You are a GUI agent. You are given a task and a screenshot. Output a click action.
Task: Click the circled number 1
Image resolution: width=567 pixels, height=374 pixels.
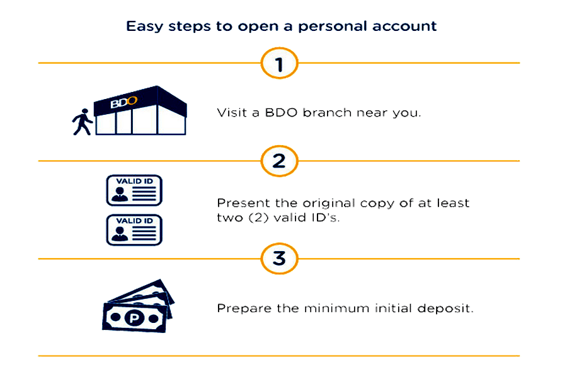tap(279, 63)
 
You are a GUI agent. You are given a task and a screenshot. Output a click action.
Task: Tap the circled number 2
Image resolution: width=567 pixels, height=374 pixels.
tap(279, 161)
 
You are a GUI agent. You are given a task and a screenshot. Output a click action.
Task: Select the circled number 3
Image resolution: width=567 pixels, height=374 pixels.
tap(279, 259)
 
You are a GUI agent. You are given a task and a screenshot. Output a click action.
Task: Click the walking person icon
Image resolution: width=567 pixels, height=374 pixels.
tap(83, 122)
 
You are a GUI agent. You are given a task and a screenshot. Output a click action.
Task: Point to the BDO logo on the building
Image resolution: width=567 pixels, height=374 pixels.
tap(123, 102)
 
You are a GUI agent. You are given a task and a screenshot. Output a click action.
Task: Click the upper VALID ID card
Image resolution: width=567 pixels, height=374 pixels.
tap(134, 190)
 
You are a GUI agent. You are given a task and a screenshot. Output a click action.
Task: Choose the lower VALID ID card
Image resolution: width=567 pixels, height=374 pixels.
tap(134, 230)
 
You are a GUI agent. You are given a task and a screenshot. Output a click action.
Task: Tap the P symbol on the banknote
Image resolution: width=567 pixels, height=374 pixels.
tap(134, 318)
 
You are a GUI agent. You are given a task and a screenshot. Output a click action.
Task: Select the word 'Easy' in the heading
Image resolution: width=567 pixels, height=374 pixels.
tap(144, 26)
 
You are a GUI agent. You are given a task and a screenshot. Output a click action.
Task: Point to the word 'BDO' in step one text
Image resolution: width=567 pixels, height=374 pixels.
tap(282, 113)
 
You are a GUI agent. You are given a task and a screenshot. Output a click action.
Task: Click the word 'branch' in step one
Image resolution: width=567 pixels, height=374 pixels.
tap(327, 113)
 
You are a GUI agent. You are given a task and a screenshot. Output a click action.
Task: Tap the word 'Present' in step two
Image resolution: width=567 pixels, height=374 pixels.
tap(243, 203)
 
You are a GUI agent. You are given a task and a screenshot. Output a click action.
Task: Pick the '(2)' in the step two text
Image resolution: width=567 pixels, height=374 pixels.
tap(258, 218)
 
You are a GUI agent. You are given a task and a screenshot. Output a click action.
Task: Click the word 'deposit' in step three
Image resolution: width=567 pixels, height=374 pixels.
tap(445, 309)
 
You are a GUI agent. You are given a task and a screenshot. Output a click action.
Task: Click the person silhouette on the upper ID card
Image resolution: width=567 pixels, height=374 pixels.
tap(120, 194)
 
